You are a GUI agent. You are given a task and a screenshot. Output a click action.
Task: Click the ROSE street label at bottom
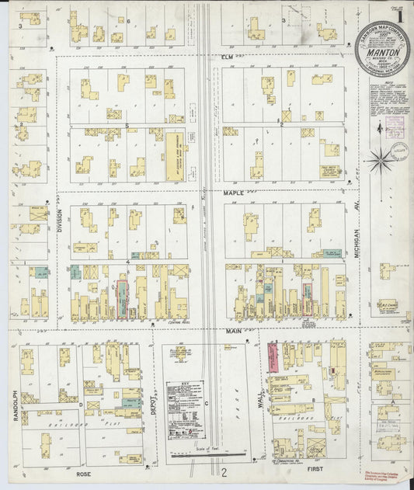pyautogui.click(x=83, y=473)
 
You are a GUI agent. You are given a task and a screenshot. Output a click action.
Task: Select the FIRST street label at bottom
pyautogui.click(x=311, y=471)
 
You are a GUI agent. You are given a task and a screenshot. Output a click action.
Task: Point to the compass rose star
pyautogui.click(x=380, y=162)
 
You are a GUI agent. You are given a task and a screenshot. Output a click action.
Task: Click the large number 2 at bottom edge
pyautogui.click(x=223, y=472)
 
